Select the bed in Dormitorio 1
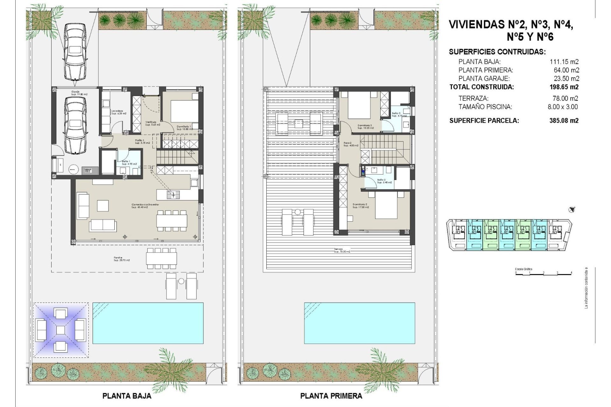(182, 111)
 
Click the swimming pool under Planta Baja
(148, 323)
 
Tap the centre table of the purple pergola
(60, 330)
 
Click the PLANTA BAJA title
(127, 396)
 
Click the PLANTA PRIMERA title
(331, 396)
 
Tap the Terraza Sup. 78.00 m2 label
(342, 250)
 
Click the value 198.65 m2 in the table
(564, 87)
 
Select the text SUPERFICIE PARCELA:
(484, 121)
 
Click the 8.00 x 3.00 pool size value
(562, 107)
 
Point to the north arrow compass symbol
(572, 210)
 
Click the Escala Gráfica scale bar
(543, 273)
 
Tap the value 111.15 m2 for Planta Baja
(564, 62)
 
